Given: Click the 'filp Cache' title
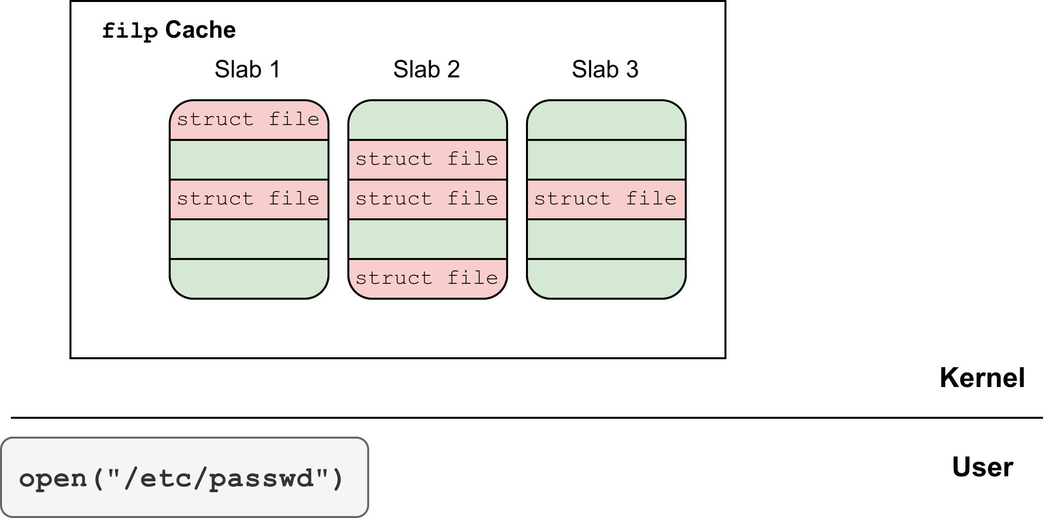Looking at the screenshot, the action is (x=169, y=31).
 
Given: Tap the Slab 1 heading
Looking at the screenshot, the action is (x=248, y=69).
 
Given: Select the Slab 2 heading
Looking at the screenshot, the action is (x=427, y=69).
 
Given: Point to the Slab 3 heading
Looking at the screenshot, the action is (x=605, y=69).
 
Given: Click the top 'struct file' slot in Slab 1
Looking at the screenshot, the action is (x=249, y=120).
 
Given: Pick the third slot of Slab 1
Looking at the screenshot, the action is (x=249, y=199).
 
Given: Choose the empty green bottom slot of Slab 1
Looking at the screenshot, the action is (x=249, y=279).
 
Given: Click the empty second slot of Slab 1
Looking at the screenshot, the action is (x=249, y=160).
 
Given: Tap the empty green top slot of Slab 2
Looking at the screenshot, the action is (x=427, y=120).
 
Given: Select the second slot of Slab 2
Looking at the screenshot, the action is (x=427, y=160).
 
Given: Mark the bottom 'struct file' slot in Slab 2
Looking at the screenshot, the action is (x=427, y=279).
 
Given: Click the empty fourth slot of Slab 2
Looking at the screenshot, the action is (x=427, y=239).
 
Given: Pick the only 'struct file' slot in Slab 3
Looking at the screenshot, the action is (x=606, y=199).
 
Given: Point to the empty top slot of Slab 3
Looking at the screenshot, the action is (x=606, y=120).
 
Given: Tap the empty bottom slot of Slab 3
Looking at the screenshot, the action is (x=606, y=279).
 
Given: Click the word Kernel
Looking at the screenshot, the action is (x=982, y=378).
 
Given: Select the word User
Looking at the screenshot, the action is (x=982, y=467).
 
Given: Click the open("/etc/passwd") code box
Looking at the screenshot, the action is (x=185, y=477).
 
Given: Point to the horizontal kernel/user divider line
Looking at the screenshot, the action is (x=527, y=418).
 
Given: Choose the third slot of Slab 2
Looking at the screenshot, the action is (x=427, y=199).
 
